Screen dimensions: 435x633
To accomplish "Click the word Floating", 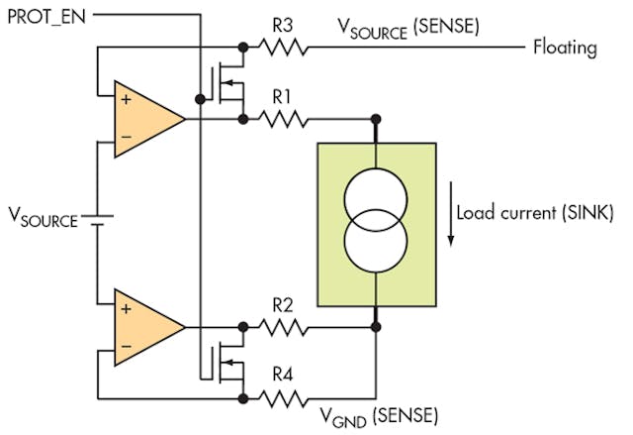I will click(565, 46).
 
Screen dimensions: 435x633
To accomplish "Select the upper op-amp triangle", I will click(144, 119).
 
